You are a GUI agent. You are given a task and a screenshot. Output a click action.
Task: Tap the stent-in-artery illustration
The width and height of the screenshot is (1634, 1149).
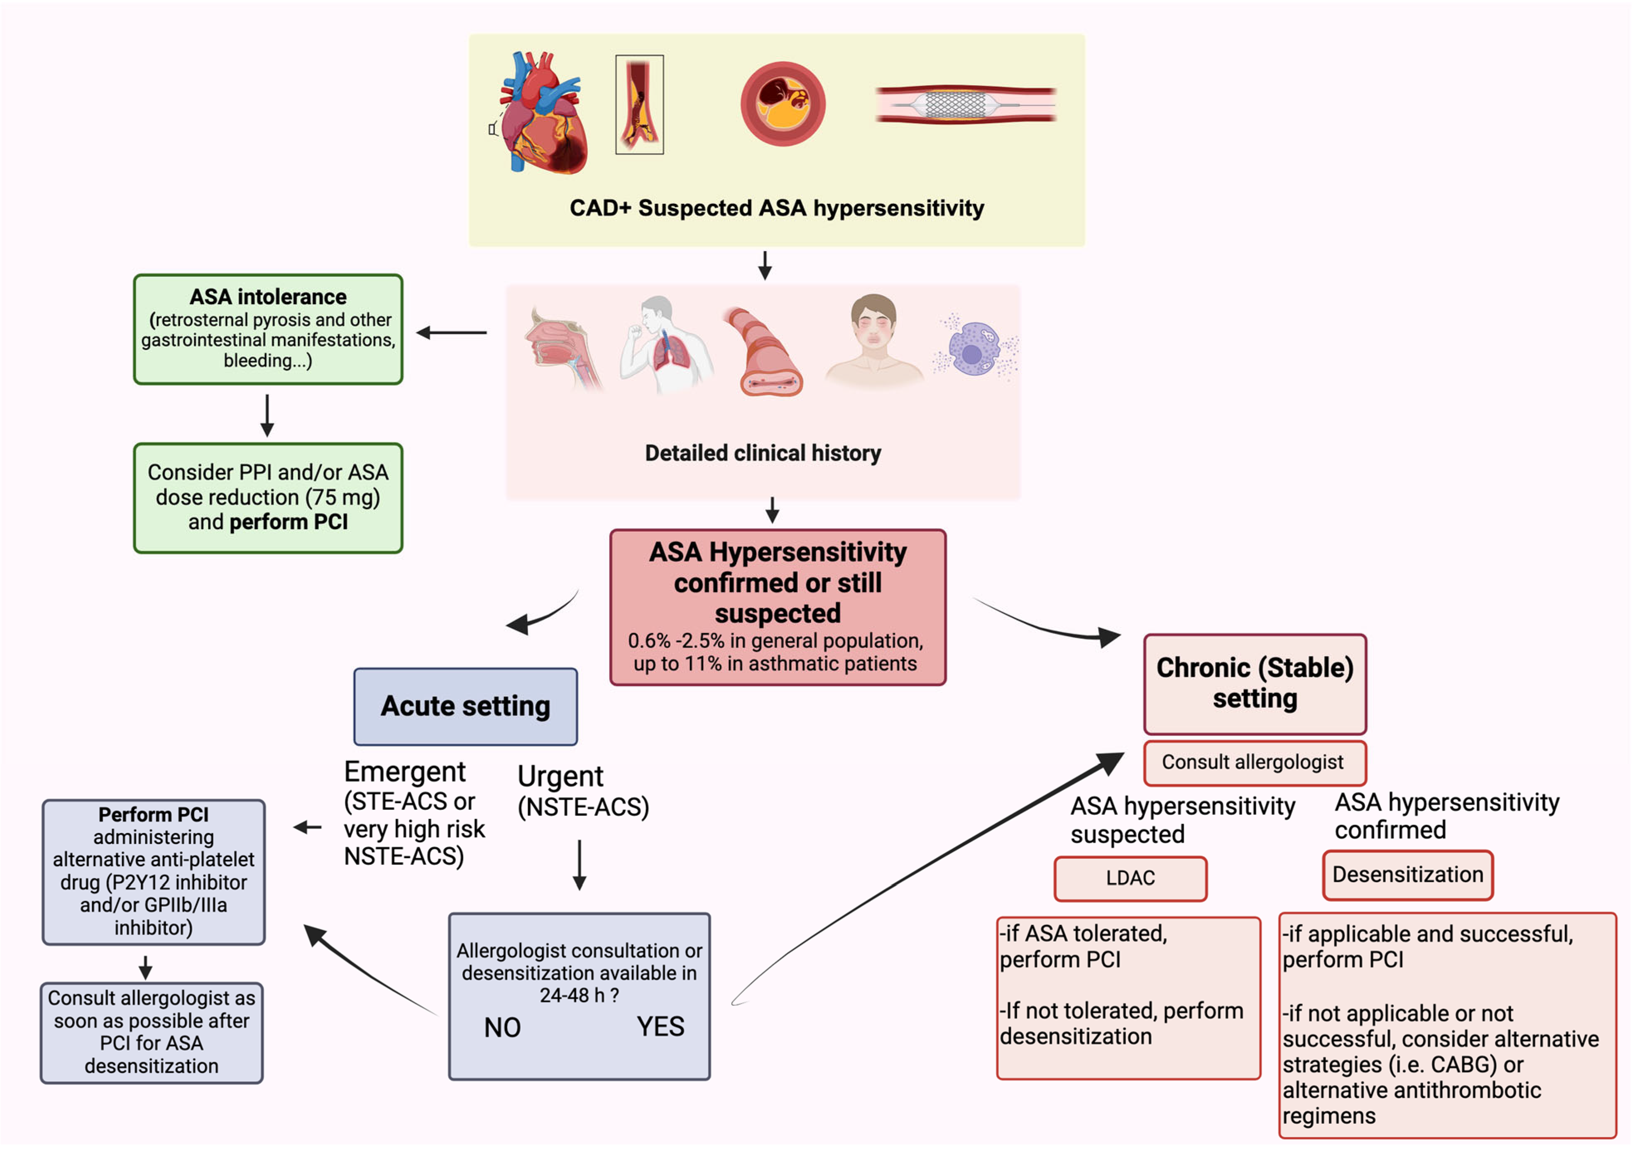[x=965, y=105]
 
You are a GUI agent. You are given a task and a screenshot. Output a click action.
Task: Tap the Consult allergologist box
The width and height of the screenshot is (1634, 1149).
[x=1255, y=762]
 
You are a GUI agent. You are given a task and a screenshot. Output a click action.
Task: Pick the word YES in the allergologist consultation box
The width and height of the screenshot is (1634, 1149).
[x=660, y=1027]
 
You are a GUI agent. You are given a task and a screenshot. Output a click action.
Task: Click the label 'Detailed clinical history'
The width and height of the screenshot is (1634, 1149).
[x=763, y=453]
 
